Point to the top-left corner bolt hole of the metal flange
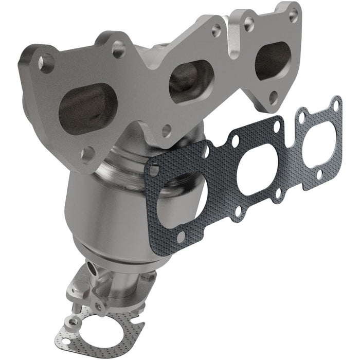coord(46,63)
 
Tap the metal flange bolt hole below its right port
coord(274,95)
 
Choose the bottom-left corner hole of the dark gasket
coord(180,237)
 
